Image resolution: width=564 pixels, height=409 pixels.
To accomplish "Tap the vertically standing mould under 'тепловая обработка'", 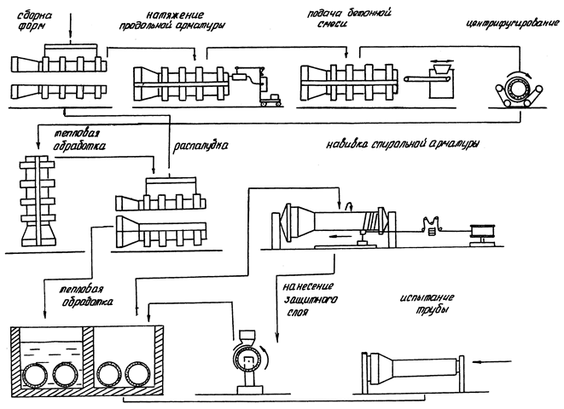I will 38,200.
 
